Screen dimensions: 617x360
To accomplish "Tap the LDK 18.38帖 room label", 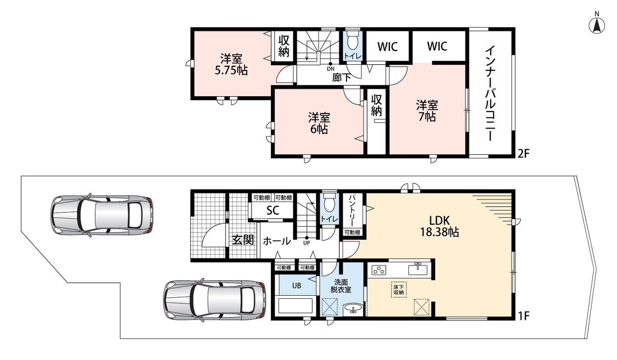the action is click(x=439, y=226).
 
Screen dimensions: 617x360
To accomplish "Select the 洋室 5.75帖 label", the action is click(x=231, y=65).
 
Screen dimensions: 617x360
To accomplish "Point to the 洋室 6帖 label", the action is click(x=319, y=123).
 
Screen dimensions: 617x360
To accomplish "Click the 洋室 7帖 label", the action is click(x=427, y=111).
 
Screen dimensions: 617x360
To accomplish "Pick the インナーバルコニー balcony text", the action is click(x=491, y=94).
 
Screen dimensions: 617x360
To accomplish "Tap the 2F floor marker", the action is click(x=523, y=153).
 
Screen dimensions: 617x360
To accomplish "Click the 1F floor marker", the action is click(x=523, y=316).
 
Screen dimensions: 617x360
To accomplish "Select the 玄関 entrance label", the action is click(x=243, y=240).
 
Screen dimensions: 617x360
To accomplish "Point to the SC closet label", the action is click(x=273, y=211).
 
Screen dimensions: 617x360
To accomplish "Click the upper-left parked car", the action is click(x=102, y=215).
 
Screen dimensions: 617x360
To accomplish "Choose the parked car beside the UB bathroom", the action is click(x=215, y=300).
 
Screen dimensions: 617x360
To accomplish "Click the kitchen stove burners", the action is click(x=379, y=270).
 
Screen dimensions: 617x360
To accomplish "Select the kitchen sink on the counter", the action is click(x=418, y=268).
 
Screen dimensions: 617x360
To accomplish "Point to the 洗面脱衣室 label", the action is click(x=341, y=286).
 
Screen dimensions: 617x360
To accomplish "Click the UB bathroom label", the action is click(x=297, y=285).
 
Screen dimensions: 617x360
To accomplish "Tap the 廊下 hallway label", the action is click(x=341, y=78).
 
